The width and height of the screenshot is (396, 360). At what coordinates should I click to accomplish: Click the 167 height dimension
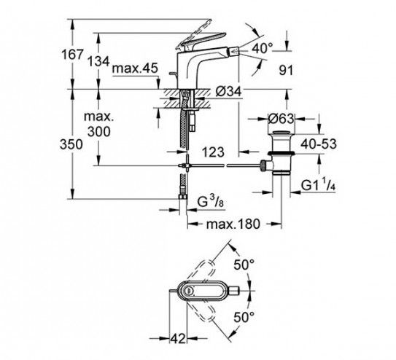click(x=72, y=55)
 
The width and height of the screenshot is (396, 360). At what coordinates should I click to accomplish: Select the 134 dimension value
click(x=98, y=61)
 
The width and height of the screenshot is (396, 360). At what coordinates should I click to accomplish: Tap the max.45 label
click(x=135, y=69)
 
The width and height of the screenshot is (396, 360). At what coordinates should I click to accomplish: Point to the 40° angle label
click(x=263, y=48)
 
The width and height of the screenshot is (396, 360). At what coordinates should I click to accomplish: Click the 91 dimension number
click(x=286, y=70)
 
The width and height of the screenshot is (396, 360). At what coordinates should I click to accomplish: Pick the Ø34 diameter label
click(x=229, y=91)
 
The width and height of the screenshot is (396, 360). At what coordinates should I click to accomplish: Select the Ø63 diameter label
click(x=281, y=118)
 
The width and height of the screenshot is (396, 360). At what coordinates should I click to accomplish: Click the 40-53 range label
click(x=319, y=144)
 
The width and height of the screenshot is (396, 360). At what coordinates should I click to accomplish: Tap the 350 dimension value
click(x=71, y=144)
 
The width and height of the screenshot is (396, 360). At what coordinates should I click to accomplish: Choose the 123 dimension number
click(x=213, y=152)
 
